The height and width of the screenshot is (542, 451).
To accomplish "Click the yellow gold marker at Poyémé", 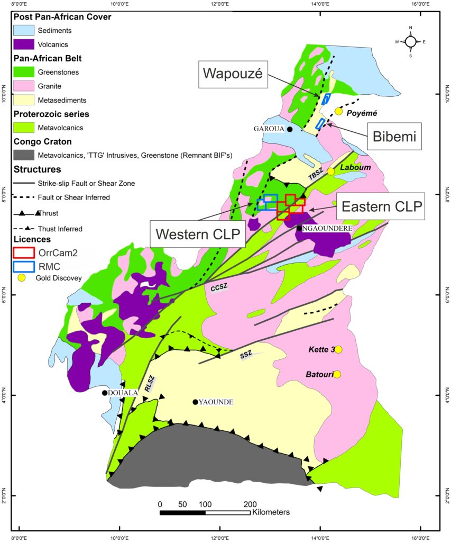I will [x=339, y=111].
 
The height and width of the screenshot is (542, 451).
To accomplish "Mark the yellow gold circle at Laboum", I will [x=331, y=171].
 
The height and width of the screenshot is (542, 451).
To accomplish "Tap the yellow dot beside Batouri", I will [x=337, y=374].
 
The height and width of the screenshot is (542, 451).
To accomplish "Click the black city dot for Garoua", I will [x=290, y=129].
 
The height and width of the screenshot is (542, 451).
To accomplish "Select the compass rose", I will [x=410, y=41].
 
